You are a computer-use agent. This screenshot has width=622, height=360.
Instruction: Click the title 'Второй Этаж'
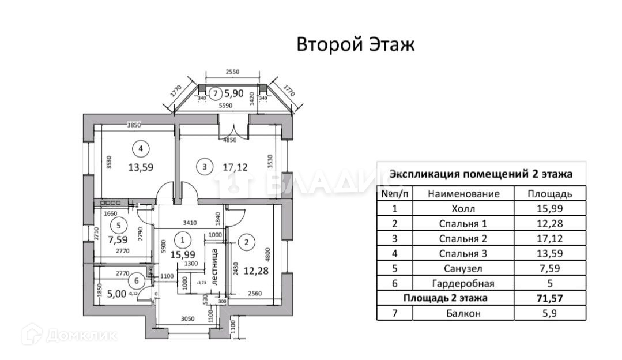[x=355, y=45]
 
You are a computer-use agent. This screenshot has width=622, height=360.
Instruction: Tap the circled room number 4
[x=140, y=149]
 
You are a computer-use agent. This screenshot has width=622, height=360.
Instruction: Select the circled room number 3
[x=204, y=168]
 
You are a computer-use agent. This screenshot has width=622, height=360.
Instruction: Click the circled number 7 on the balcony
[x=214, y=92]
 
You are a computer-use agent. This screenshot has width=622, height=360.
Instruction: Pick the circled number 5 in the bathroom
[x=118, y=226]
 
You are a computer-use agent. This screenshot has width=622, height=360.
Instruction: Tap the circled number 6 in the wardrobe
[x=136, y=281]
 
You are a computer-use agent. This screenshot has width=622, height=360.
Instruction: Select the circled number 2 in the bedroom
[x=246, y=242]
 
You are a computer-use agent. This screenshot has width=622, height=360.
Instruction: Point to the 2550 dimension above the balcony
[x=232, y=72]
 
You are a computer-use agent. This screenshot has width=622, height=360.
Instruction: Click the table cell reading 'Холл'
[x=463, y=209]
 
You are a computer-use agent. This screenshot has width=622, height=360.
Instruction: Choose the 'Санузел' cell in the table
[x=463, y=268]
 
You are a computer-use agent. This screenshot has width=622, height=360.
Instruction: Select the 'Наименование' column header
[x=463, y=194]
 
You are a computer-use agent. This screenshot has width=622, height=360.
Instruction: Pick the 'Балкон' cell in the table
[x=463, y=313]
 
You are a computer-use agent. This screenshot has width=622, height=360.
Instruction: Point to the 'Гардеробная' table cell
[x=463, y=283]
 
